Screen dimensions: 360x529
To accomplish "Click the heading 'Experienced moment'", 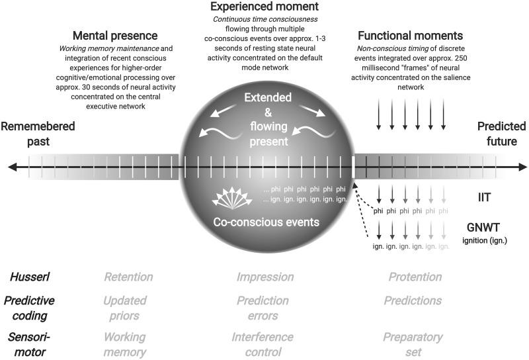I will pyautogui.click(x=264, y=8).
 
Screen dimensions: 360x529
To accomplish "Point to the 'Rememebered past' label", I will pyautogui.click(x=38, y=132).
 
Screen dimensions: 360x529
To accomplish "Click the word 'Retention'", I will pyautogui.click(x=128, y=277).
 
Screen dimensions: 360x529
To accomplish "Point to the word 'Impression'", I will pyautogui.click(x=265, y=277).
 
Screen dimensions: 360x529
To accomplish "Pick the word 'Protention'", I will pyautogui.click(x=415, y=277).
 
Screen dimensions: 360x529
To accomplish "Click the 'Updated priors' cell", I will pyautogui.click(x=124, y=308).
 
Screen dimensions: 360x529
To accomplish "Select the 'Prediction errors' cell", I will pyautogui.click(x=263, y=308).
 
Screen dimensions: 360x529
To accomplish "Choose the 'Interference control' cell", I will pyautogui.click(x=263, y=344).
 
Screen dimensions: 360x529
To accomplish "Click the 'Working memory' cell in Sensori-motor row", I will pyautogui.click(x=124, y=344).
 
